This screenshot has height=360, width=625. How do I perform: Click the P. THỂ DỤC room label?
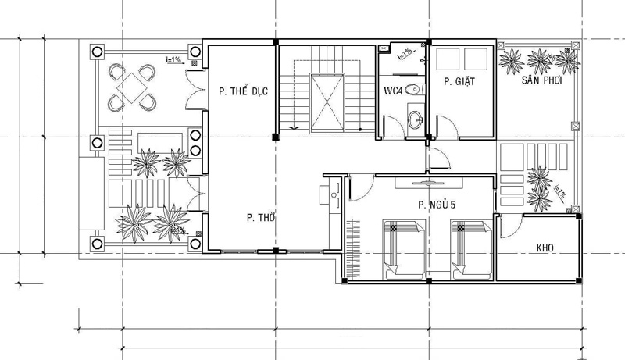[244, 91]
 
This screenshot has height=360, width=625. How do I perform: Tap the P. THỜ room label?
[259, 218]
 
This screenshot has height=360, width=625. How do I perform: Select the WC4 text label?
[393, 91]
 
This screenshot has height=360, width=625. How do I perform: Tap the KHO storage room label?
[545, 248]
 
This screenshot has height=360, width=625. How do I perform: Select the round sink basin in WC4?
[414, 119]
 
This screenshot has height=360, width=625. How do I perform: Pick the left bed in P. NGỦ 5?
[403, 248]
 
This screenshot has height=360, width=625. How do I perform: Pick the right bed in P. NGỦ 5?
[470, 248]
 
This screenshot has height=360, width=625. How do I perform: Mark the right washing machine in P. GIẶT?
[476, 59]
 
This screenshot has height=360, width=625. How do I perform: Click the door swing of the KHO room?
[508, 226]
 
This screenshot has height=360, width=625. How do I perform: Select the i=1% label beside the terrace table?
[173, 59]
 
